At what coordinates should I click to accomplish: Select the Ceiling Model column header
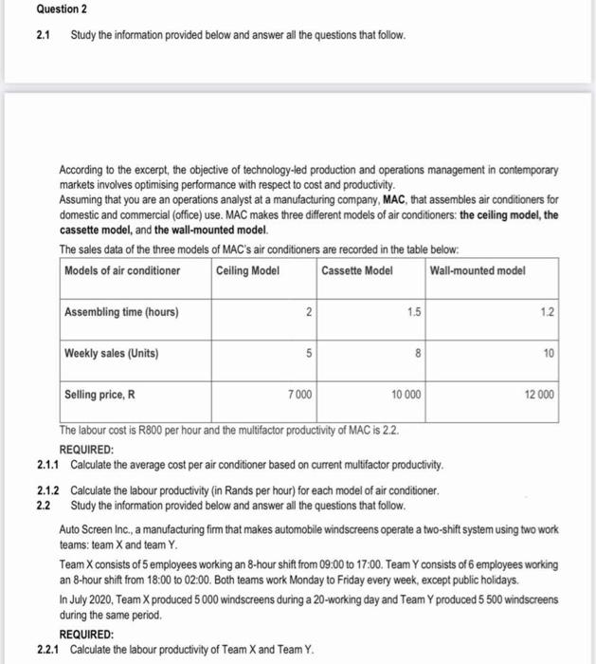click(247, 270)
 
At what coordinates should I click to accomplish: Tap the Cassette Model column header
click(356, 270)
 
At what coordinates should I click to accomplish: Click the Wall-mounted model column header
click(477, 270)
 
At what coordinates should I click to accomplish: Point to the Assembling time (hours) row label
click(121, 312)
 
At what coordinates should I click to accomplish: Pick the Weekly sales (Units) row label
click(112, 354)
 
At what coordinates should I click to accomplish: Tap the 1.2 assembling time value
click(547, 312)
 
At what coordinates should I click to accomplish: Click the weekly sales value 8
click(416, 354)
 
